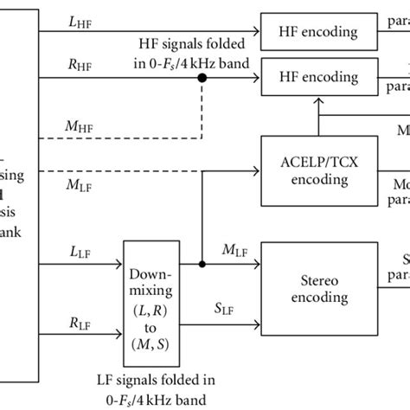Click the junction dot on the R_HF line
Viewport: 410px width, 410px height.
(x=202, y=78)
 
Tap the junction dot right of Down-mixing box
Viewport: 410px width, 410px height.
(x=202, y=264)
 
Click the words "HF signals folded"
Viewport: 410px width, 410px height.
(x=189, y=43)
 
